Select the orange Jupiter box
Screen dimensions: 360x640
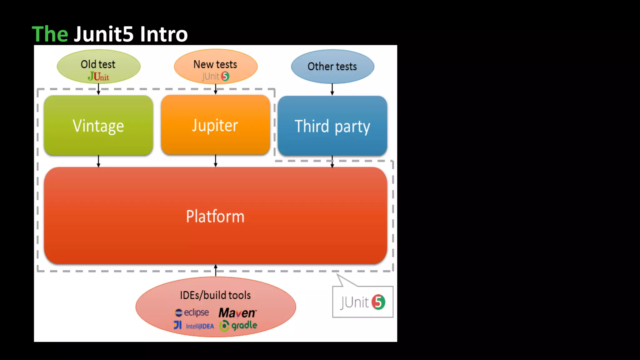coord(215,125)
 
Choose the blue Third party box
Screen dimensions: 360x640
coord(332,126)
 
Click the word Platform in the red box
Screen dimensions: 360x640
coord(215,216)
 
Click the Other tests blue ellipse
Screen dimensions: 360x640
coord(332,66)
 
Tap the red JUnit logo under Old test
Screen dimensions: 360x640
coord(98,77)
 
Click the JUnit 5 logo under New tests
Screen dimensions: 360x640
coord(216,76)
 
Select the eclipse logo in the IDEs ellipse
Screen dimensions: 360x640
coord(192,312)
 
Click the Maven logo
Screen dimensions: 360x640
coord(237,312)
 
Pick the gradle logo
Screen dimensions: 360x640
coord(238,326)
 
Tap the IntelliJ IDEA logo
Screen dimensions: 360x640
coord(194,326)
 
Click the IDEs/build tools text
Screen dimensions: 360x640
coord(215,295)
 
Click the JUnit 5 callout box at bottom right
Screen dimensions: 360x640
coord(362,302)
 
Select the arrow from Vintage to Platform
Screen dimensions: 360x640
coord(98,161)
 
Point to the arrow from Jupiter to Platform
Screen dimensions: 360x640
coord(216,161)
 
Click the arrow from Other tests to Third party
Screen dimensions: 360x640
coord(332,89)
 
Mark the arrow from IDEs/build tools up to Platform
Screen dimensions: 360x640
coord(216,270)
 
